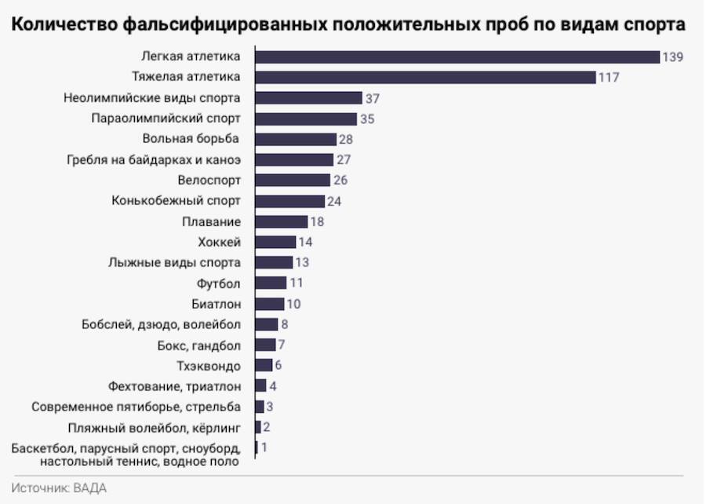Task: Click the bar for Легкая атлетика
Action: (x=457, y=57)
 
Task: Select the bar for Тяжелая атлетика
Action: (x=426, y=77)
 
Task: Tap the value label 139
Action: (x=673, y=57)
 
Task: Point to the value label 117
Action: (x=610, y=78)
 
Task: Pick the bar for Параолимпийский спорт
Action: (x=307, y=119)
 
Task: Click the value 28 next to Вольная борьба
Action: (x=346, y=139)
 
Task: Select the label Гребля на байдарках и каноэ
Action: (x=153, y=159)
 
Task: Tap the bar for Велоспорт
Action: (x=293, y=180)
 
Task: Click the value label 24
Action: (x=335, y=201)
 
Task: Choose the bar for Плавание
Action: (x=282, y=221)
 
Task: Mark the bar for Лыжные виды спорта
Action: (x=275, y=262)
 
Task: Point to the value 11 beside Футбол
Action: (x=296, y=283)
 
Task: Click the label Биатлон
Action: (x=216, y=304)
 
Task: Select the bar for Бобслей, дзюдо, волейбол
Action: (x=267, y=324)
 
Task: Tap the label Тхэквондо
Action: (x=209, y=365)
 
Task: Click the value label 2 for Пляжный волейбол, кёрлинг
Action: (x=267, y=427)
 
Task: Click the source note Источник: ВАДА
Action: (x=59, y=488)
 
